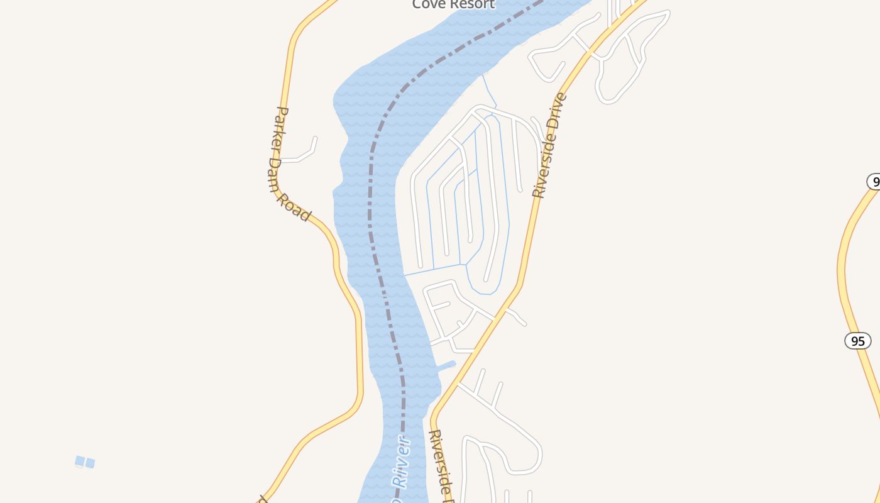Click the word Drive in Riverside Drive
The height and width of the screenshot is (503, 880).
(556, 113)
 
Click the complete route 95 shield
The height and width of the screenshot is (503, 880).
(857, 341)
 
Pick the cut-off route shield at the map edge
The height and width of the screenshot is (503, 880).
(874, 181)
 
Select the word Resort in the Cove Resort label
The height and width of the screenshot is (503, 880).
(472, 4)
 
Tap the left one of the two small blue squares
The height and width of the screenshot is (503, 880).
(80, 462)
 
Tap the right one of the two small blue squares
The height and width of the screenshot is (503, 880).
(91, 463)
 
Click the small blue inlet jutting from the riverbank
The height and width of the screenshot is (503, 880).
(447, 365)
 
